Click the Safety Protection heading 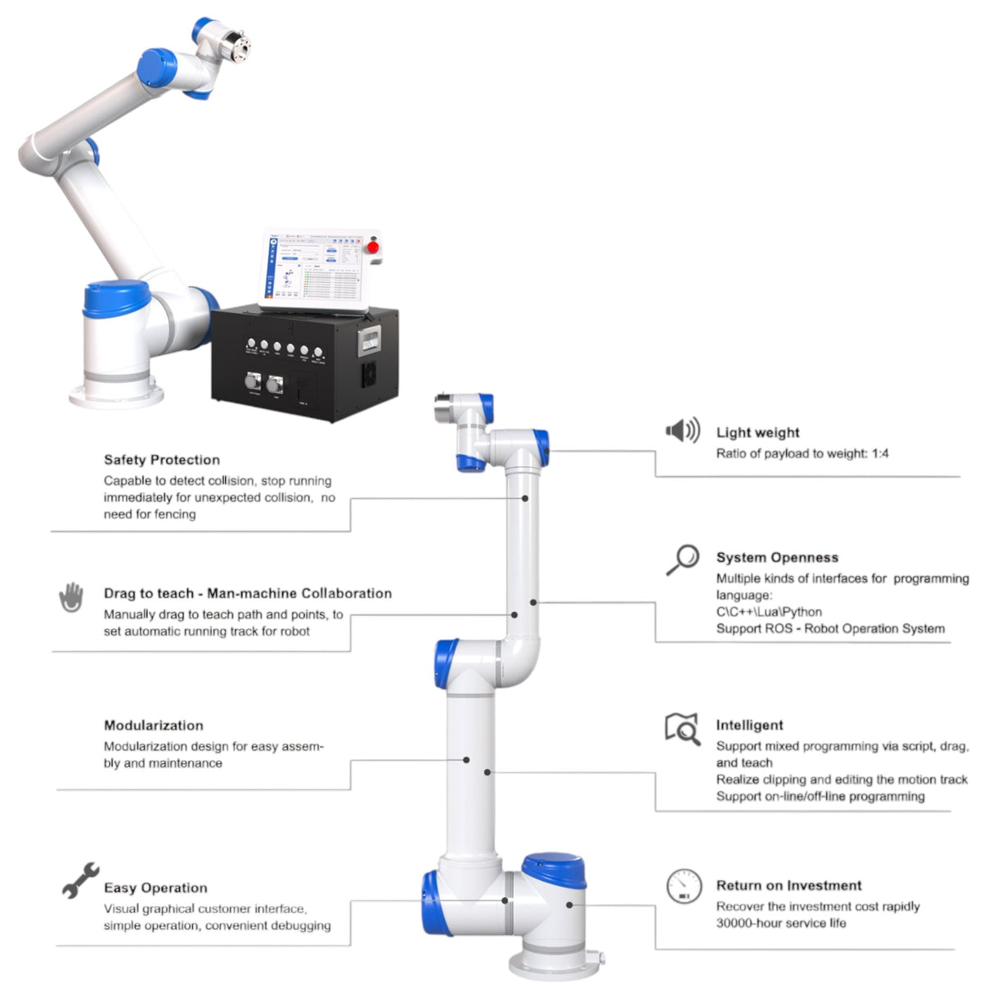click(161, 460)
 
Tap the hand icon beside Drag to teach click(72, 597)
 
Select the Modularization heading click(153, 726)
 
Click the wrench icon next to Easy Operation click(80, 879)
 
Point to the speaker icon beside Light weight click(682, 430)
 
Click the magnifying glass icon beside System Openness click(682, 559)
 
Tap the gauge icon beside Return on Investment click(684, 887)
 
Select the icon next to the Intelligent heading click(682, 728)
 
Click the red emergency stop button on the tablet click(374, 247)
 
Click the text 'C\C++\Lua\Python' click(769, 612)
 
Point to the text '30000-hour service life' click(781, 923)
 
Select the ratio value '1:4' click(879, 454)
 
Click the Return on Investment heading click(789, 886)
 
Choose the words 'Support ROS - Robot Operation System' click(830, 629)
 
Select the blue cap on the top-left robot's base click(117, 299)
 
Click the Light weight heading click(757, 433)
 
